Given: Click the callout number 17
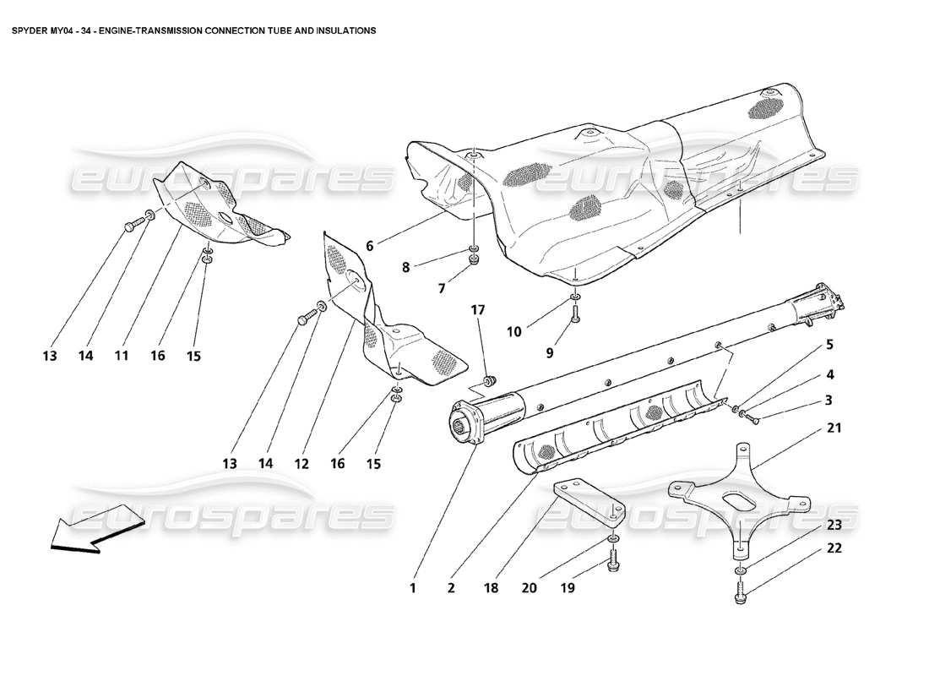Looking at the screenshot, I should (x=478, y=310).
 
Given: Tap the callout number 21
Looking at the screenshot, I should (x=834, y=428).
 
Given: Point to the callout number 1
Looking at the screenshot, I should (x=413, y=588).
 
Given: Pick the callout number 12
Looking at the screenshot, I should (x=302, y=464).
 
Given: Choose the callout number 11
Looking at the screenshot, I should (x=122, y=356).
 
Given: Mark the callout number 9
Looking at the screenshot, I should (x=550, y=353).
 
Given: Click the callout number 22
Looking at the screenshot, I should (x=834, y=548).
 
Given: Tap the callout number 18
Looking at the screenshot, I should (x=491, y=588).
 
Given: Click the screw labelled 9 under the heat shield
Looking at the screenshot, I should (x=574, y=315).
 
